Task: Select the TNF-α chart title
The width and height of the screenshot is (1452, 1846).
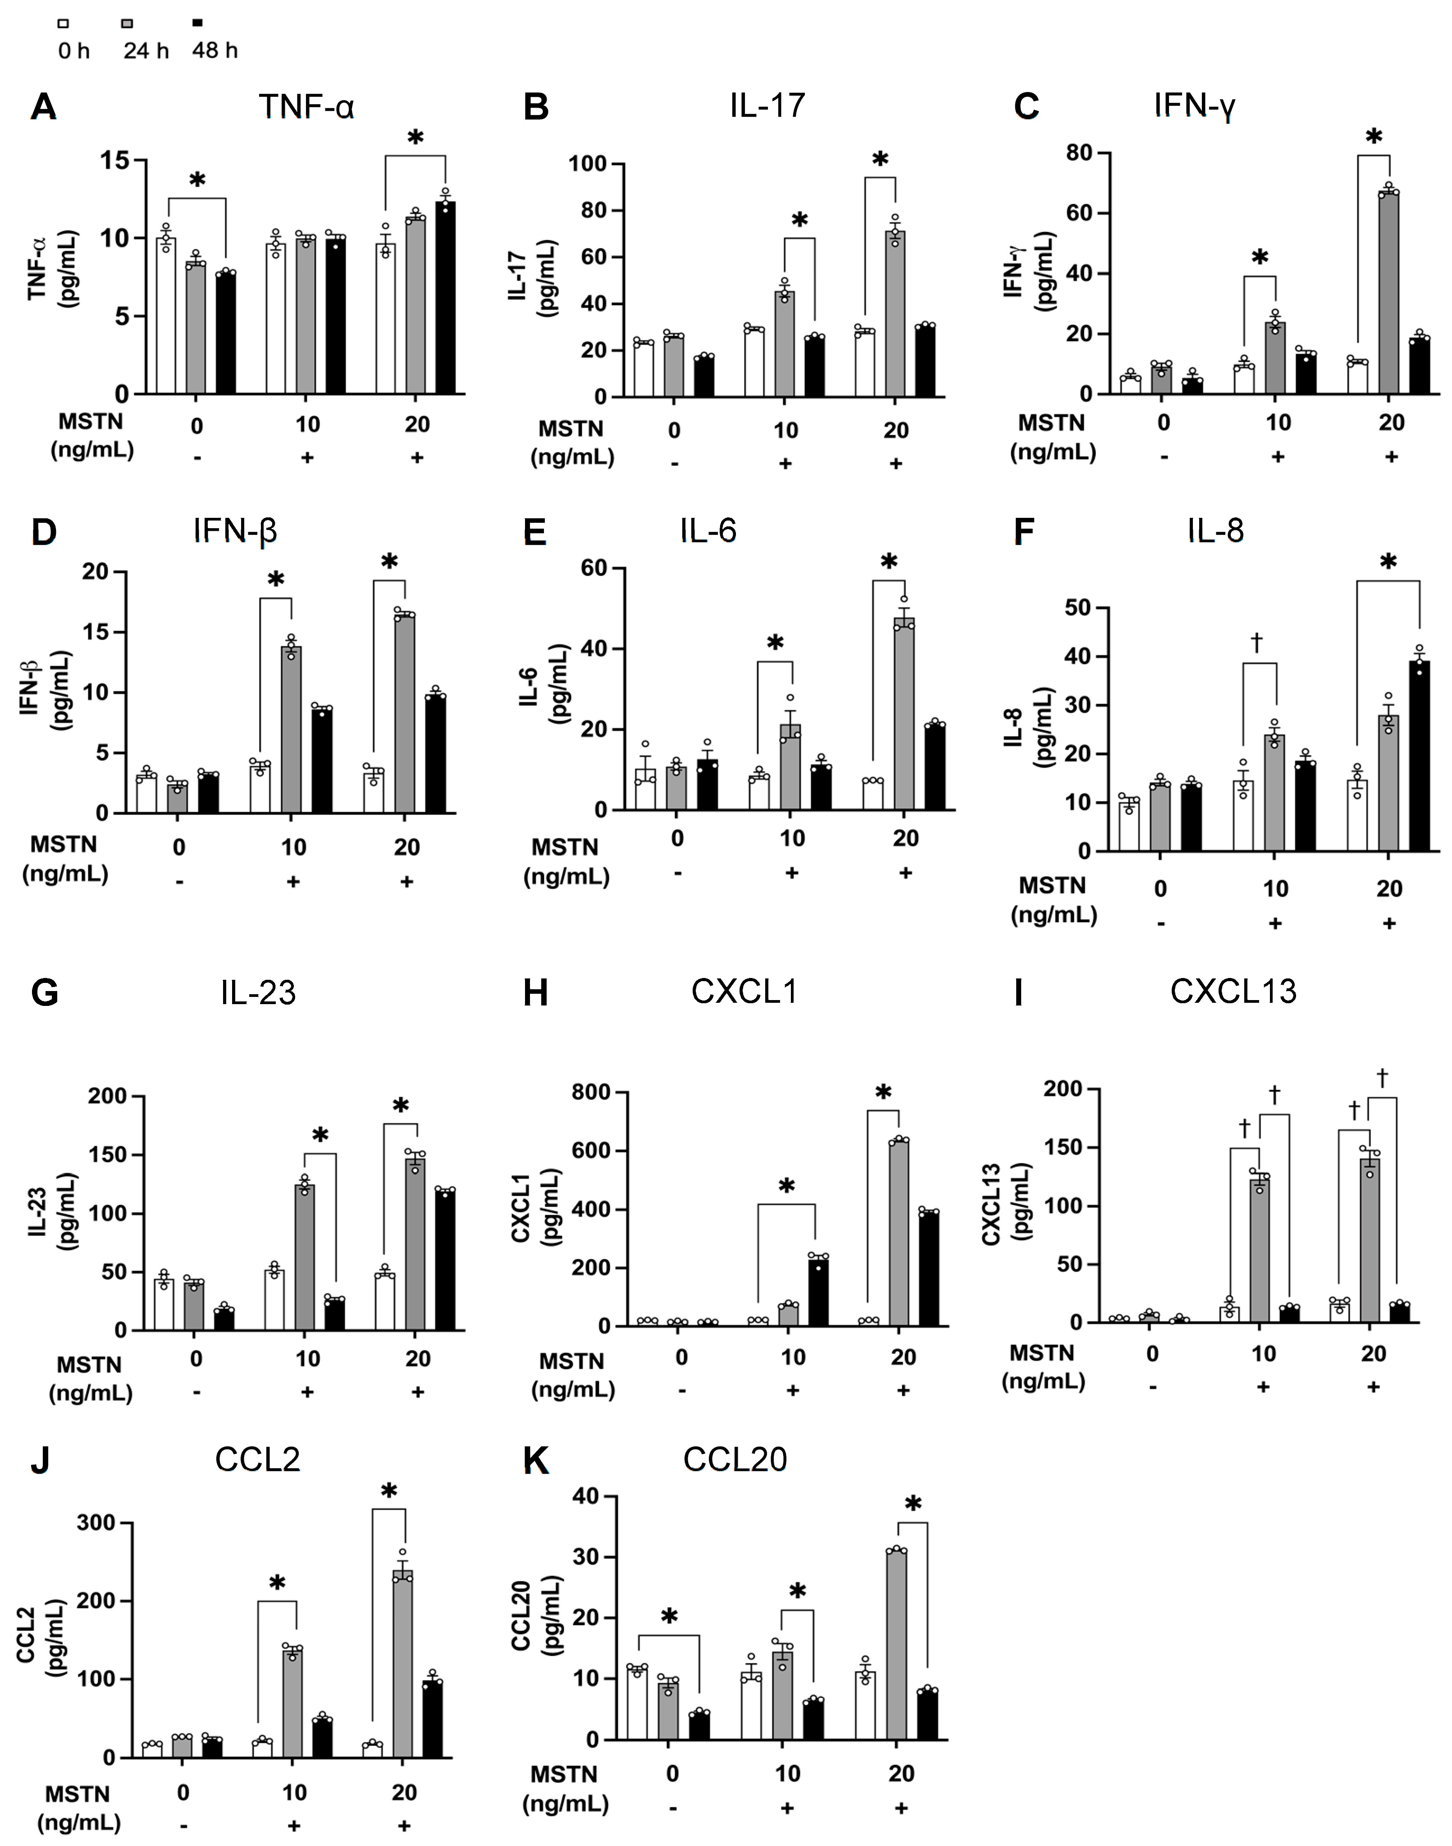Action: point(306,107)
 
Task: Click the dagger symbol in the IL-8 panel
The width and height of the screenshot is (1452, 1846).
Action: point(1256,642)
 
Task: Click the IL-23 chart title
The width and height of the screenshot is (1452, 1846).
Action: point(258,992)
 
